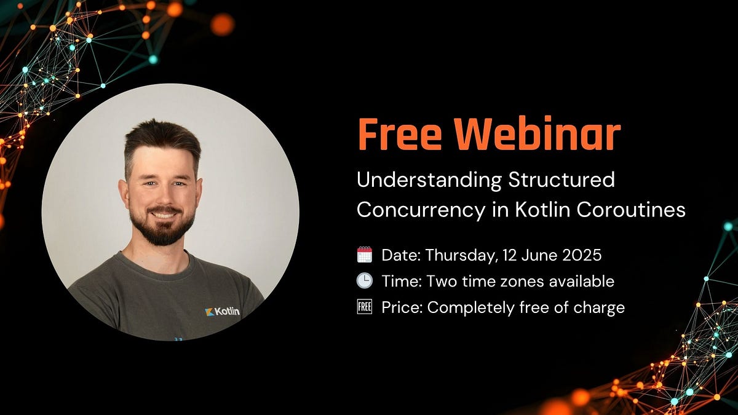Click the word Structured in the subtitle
561,180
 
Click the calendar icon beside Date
365,255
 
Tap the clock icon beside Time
365,281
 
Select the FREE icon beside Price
365,307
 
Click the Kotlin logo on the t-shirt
223,312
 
